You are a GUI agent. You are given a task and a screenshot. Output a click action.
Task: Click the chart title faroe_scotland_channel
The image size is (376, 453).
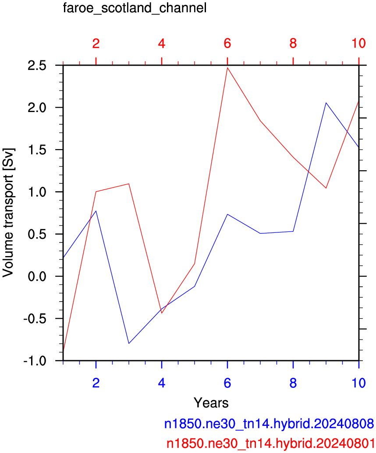click(135, 8)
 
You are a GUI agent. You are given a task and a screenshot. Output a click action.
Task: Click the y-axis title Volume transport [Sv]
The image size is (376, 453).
click(8, 213)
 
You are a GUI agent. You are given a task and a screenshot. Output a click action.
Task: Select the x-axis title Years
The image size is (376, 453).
click(211, 402)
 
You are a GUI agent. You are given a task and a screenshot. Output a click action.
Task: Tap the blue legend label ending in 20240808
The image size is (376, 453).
click(269, 424)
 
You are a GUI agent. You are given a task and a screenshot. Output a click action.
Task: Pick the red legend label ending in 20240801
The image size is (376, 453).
click(270, 443)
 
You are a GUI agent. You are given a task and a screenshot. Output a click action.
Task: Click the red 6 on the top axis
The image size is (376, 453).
click(227, 43)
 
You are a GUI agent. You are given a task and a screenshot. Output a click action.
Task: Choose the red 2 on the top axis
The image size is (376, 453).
click(96, 43)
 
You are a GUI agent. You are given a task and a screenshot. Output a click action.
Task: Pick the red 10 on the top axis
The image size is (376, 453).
click(358, 43)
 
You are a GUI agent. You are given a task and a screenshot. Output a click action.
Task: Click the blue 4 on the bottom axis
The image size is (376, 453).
click(162, 383)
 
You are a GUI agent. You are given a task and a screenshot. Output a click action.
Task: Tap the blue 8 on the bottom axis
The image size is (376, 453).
click(293, 383)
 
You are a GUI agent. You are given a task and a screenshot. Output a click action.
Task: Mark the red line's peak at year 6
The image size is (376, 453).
click(227, 67)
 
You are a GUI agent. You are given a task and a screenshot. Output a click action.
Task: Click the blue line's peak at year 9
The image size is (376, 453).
click(326, 102)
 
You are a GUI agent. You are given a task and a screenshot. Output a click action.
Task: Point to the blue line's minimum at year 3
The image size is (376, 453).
click(129, 344)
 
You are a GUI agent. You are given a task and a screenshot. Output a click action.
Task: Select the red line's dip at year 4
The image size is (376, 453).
click(162, 313)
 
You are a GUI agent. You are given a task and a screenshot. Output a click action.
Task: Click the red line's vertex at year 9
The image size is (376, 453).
click(326, 188)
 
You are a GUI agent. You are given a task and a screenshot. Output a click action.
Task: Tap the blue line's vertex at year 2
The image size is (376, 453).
click(96, 211)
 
